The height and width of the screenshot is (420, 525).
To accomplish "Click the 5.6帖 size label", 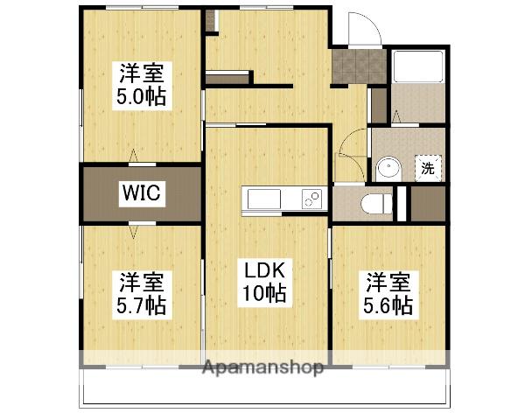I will (388, 306).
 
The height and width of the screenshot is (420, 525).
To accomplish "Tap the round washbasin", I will (388, 167).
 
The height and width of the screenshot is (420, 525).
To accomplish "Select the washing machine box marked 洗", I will (428, 168).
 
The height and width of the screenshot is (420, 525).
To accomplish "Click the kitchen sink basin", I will (262, 199).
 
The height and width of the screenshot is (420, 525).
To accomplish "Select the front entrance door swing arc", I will (360, 31).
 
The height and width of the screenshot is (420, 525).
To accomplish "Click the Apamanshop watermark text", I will (263, 367).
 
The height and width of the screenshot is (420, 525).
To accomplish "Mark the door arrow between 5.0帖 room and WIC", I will (134, 157).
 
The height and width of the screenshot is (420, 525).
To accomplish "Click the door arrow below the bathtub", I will (396, 116).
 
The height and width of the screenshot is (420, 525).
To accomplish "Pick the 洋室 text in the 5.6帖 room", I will (388, 282).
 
